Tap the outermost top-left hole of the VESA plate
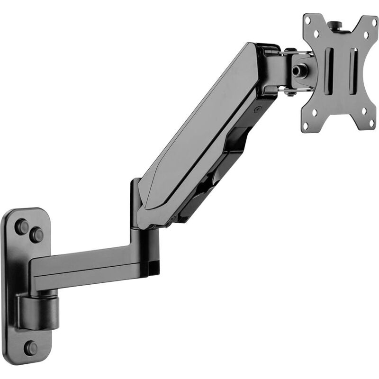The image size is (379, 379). [x=309, y=20]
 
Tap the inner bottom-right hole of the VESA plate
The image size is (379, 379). [x=363, y=112]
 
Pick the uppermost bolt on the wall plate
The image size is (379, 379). [x=22, y=226]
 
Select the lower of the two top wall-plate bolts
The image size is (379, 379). [x=36, y=235]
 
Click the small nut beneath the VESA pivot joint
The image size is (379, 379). [x=290, y=93]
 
